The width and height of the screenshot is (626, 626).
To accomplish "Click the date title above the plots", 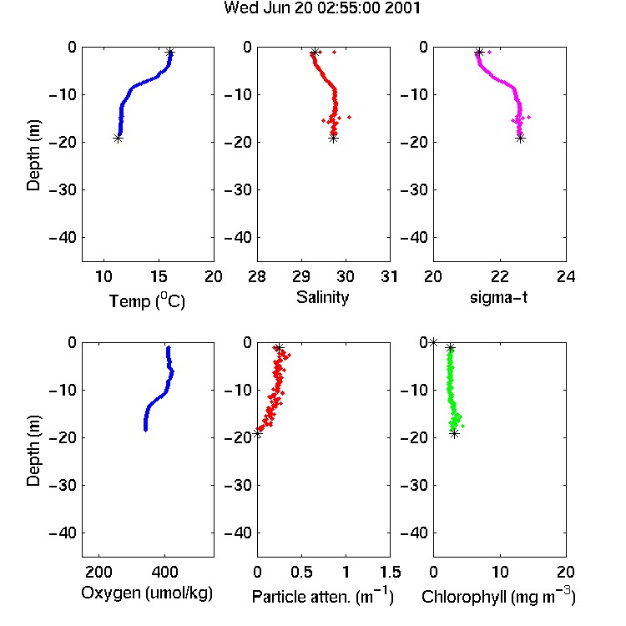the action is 322,8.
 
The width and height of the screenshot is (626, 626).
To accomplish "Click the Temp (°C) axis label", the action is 147,300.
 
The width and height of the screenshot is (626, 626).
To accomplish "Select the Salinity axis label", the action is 322,297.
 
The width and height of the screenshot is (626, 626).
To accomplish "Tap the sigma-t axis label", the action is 498,297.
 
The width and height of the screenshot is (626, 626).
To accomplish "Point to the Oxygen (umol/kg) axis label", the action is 147,593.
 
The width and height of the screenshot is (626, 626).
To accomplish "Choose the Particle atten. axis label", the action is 323,597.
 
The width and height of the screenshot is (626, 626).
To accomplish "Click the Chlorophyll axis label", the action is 498,597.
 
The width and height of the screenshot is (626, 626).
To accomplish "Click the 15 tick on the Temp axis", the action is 159,276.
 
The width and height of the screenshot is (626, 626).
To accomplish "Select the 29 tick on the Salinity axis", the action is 301,276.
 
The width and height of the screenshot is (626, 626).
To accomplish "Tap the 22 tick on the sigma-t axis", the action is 499,276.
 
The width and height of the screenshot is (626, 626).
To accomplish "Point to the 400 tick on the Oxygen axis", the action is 164,572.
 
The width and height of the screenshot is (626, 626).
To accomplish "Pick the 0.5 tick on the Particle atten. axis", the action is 301,572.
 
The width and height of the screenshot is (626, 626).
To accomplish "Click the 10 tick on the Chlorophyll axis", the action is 499,572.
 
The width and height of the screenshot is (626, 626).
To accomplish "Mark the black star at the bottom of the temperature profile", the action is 118,139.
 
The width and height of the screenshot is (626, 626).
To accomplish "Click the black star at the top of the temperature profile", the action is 170,53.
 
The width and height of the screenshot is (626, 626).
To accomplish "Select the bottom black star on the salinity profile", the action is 334,139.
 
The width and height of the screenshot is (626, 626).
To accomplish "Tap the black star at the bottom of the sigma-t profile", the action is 520,139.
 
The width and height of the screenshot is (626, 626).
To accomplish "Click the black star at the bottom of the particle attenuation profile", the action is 258,433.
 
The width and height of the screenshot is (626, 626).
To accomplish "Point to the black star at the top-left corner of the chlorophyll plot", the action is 433,342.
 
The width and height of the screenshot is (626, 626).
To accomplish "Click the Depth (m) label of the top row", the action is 33,155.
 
